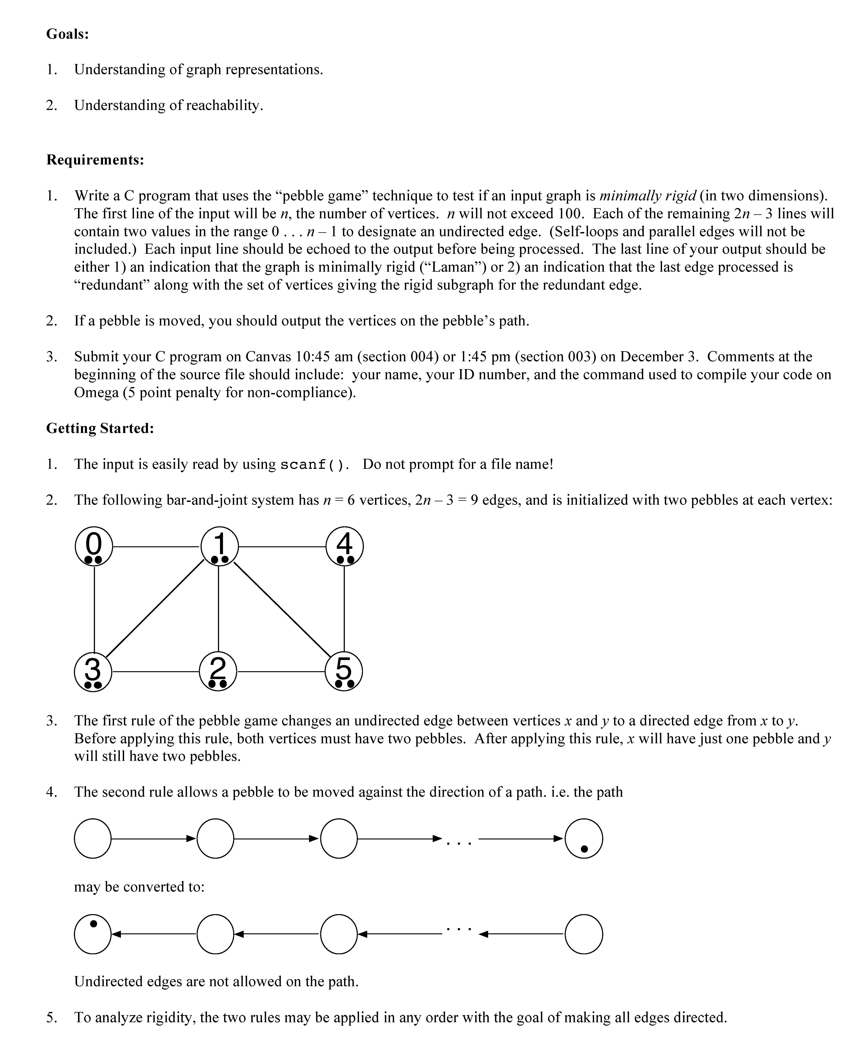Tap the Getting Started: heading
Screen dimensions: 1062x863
coord(100,428)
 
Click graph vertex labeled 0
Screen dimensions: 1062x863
coord(94,546)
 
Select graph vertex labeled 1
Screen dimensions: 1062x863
coord(219,546)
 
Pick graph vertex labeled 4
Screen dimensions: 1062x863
coord(344,546)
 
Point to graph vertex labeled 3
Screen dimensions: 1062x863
coord(93,672)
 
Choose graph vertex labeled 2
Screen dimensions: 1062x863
coord(218,672)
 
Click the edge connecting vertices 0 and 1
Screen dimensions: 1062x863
coord(157,547)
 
